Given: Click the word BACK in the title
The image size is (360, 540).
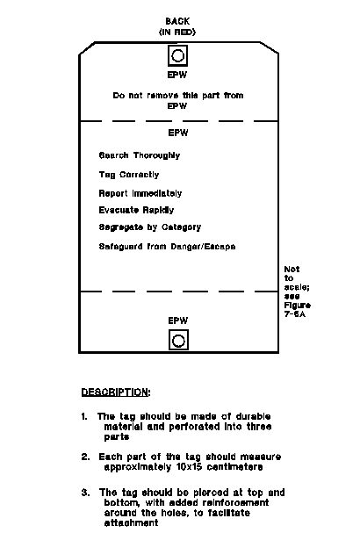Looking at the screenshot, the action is (177, 21).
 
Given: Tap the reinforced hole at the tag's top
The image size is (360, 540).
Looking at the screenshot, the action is (177, 55).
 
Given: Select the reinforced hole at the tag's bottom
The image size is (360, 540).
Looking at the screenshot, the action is (178, 340).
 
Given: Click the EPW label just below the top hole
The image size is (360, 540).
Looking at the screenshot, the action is (177, 75).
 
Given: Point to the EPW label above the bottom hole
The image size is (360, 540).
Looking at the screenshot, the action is (178, 320).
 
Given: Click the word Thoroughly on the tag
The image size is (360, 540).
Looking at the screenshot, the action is (157, 155).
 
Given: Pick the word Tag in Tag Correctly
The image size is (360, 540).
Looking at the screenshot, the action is (107, 175).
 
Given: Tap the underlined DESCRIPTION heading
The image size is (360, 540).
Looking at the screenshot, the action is (116, 392).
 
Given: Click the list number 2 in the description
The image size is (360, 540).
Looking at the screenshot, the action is (85, 457).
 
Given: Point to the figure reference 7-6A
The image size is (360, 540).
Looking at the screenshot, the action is (294, 314).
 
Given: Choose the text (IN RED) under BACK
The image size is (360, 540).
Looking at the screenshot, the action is (177, 32).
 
